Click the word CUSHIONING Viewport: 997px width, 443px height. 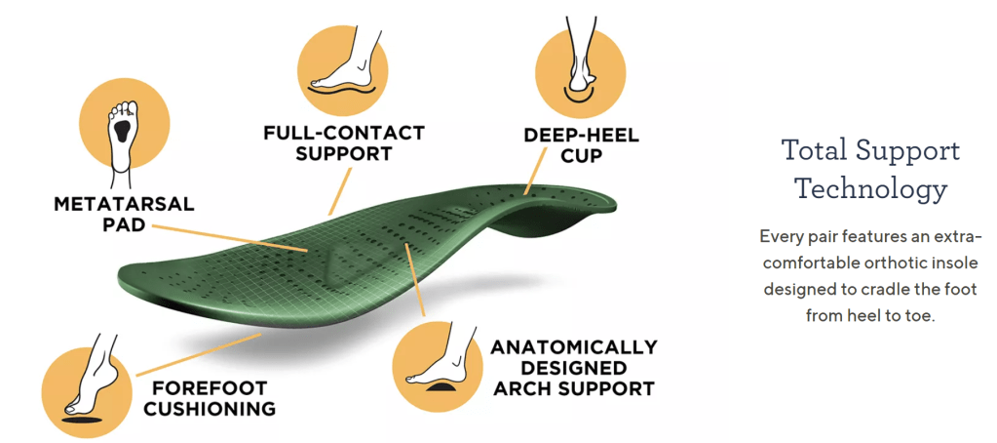pos(210,409)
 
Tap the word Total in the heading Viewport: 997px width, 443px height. pos(814,150)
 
